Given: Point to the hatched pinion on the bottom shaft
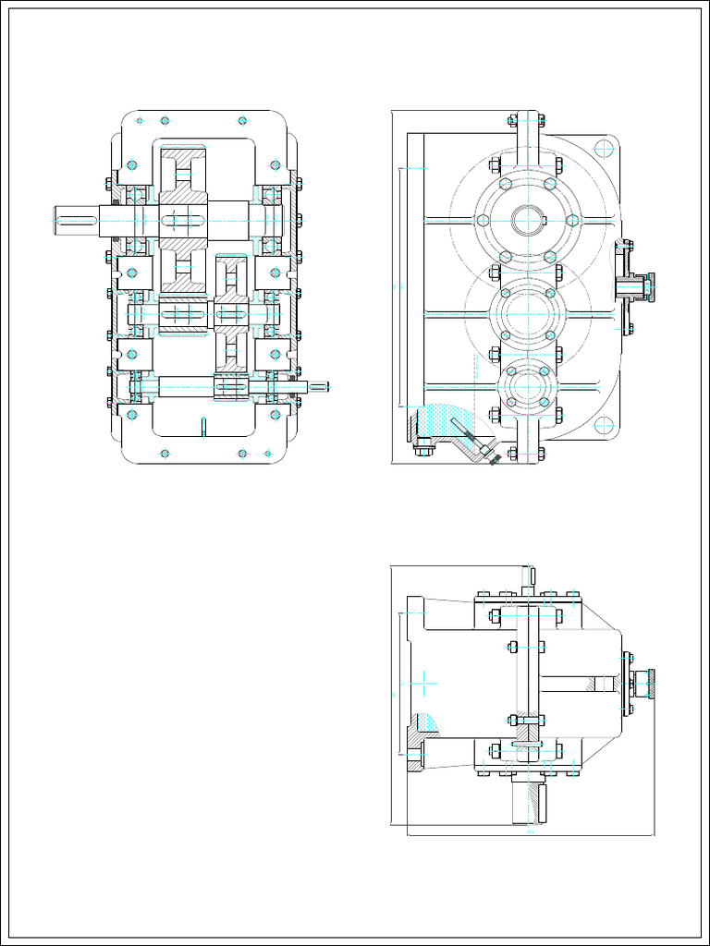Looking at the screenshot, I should (x=230, y=387).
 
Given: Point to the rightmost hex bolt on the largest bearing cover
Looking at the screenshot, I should (x=572, y=220).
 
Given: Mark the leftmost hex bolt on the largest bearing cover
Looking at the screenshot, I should (x=482, y=220).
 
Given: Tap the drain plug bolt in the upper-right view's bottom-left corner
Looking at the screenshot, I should (x=423, y=451).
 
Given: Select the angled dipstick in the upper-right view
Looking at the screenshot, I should (x=472, y=439).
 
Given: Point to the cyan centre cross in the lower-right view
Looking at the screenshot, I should (x=423, y=685).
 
